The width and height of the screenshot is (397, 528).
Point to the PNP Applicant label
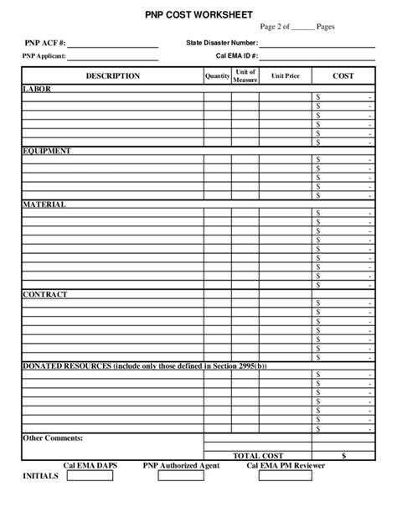44,57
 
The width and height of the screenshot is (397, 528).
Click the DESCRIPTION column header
112,76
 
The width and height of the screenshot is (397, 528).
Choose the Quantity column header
217,76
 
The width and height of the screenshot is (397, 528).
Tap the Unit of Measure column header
245,76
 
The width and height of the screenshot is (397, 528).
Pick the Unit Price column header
284,76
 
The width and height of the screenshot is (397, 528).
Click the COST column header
343,76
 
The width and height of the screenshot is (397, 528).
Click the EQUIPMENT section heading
46,151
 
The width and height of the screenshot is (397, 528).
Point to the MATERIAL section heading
44,204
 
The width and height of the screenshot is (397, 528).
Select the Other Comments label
52,437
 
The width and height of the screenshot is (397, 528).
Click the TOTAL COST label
258,454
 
